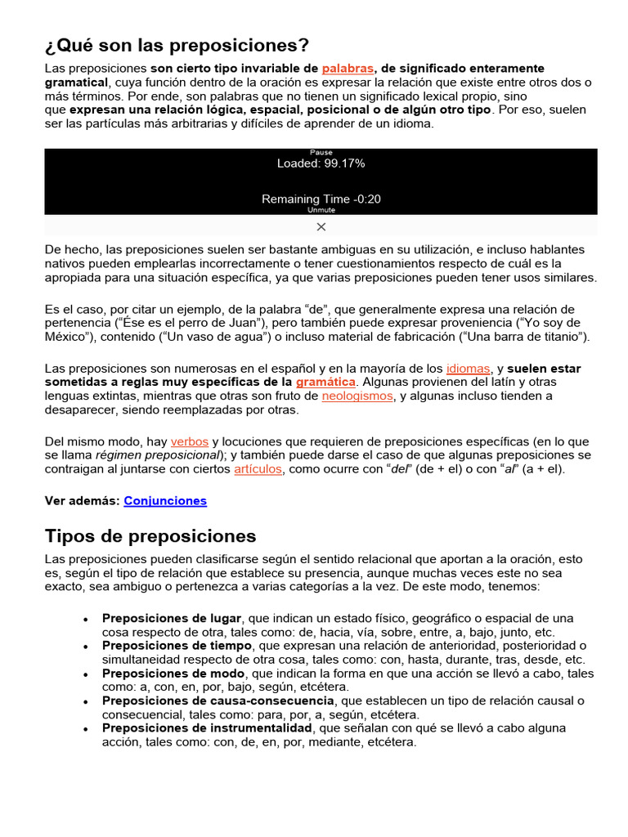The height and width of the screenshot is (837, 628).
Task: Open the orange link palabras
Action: pyautogui.click(x=348, y=69)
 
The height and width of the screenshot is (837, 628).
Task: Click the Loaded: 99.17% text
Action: pyautogui.click(x=321, y=163)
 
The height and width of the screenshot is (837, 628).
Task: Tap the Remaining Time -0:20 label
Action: pyautogui.click(x=321, y=199)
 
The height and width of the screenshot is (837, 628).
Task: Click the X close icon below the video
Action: pyautogui.click(x=321, y=226)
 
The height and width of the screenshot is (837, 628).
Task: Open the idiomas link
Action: pyautogui.click(x=468, y=369)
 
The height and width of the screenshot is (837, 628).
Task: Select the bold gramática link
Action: pyautogui.click(x=325, y=383)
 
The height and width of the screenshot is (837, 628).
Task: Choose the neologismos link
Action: pyautogui.click(x=357, y=396)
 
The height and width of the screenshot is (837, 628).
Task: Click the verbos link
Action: pyautogui.click(x=190, y=441)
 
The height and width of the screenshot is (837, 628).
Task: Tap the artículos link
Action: pyautogui.click(x=258, y=469)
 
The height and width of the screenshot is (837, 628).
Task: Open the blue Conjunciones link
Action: pyautogui.click(x=165, y=500)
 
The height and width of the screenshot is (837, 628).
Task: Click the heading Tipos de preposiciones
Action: pyautogui.click(x=150, y=536)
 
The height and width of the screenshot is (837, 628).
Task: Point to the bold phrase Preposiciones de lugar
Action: pyautogui.click(x=173, y=618)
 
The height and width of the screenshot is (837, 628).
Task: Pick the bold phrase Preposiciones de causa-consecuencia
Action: pyautogui.click(x=218, y=700)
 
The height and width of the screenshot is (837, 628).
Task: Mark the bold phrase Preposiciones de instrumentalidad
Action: pyautogui.click(x=207, y=728)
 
